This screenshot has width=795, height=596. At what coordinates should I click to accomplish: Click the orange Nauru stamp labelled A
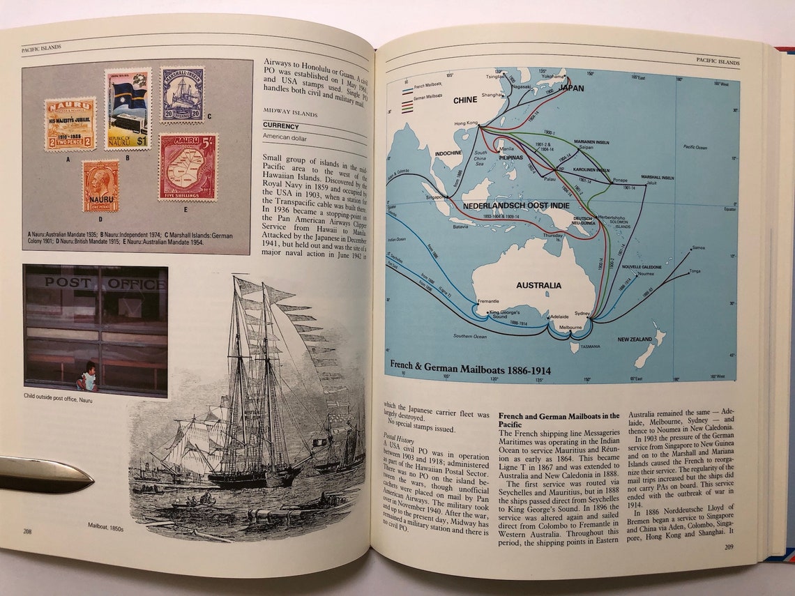tap(70, 124)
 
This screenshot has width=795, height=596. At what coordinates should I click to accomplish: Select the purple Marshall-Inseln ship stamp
tap(182, 94)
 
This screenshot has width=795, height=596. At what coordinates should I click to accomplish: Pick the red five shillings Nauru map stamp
tap(188, 167)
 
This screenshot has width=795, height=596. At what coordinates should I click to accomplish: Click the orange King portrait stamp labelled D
tap(101, 186)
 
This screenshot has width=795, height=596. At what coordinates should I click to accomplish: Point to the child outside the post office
tap(87, 376)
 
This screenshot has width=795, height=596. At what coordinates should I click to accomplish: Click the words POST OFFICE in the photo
tap(105, 283)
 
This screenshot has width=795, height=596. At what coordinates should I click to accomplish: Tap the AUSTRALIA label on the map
tap(538, 285)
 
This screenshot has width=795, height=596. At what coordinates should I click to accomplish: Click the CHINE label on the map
tap(465, 100)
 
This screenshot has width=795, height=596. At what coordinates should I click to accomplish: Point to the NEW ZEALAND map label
tap(635, 339)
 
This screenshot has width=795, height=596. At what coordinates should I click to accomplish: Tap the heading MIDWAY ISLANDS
tap(290, 113)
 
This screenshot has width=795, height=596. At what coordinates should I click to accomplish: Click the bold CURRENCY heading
tap(281, 126)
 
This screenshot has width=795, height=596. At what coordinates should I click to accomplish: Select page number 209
tap(729, 547)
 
